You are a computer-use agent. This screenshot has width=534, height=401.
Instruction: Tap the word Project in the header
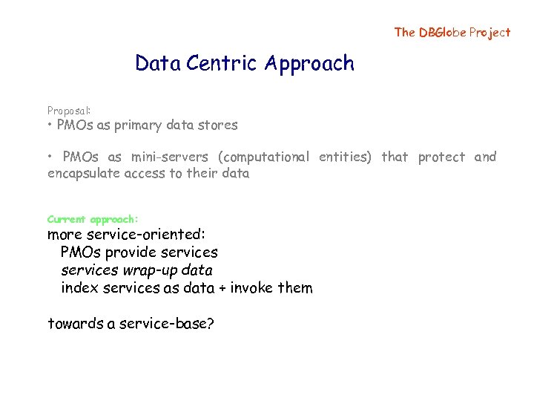tap(490, 32)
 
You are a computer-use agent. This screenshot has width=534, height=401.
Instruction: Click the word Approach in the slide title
tap(312, 65)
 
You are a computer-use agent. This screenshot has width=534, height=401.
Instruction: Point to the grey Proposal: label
tap(69, 110)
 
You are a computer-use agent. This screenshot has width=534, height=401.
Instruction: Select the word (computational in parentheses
tap(264, 157)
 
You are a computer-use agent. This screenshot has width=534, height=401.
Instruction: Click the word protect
tap(441, 157)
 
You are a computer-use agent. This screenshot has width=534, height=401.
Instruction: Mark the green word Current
tap(67, 219)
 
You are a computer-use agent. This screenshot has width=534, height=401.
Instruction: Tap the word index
tap(78, 287)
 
